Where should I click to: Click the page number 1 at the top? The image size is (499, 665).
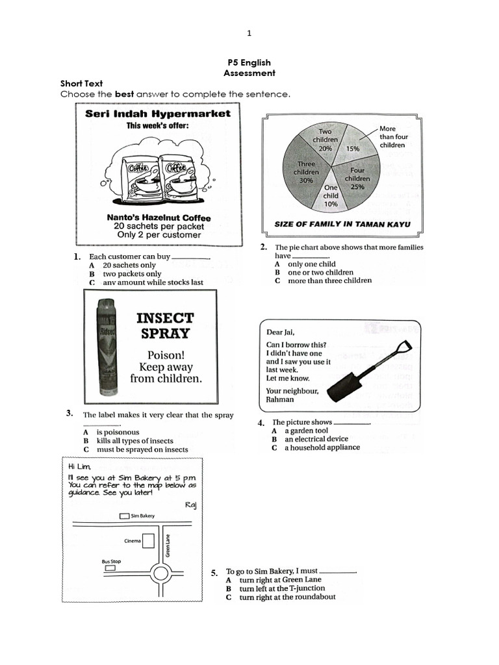pyautogui.click(x=249, y=33)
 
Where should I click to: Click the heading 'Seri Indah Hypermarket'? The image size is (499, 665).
pyautogui.click(x=158, y=114)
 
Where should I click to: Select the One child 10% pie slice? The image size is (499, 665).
pyautogui.click(x=331, y=195)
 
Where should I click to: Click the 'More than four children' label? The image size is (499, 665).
pyautogui.click(x=394, y=137)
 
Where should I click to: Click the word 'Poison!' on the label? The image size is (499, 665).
pyautogui.click(x=166, y=355)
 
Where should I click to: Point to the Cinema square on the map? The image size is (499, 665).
pyautogui.click(x=149, y=541)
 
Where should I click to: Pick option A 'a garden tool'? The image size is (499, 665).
pyautogui.click(x=305, y=431)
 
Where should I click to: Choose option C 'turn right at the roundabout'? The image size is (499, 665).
pyautogui.click(x=287, y=597)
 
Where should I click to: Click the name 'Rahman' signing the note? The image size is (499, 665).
pyautogui.click(x=280, y=399)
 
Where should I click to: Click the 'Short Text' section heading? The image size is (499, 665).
pyautogui.click(x=81, y=84)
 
